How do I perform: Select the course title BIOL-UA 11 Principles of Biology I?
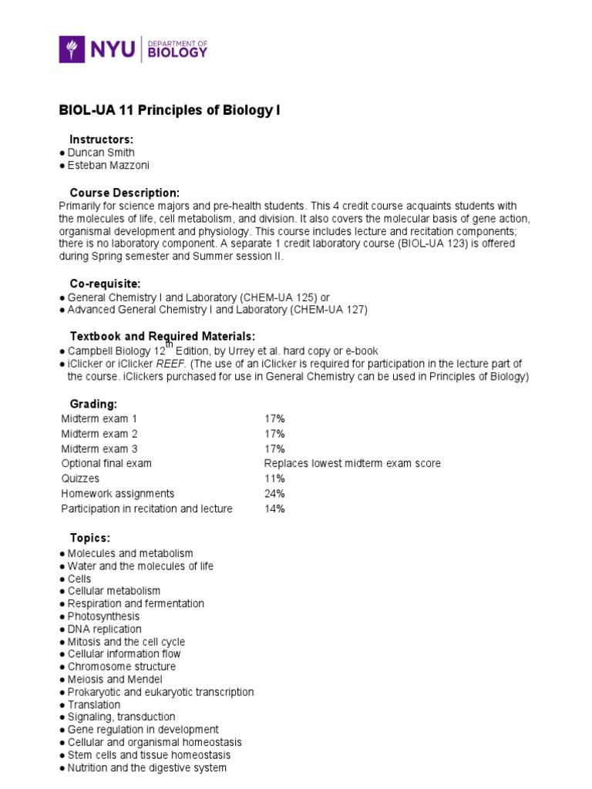pyautogui.click(x=170, y=110)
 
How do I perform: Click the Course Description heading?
pyautogui.click(x=125, y=192)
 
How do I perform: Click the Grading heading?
pyautogui.click(x=93, y=404)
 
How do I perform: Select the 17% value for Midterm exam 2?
pyautogui.click(x=274, y=434)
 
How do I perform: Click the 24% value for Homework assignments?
pyautogui.click(x=274, y=494)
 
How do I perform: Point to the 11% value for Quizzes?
pyautogui.click(x=274, y=478)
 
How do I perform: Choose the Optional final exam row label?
pyautogui.click(x=106, y=464)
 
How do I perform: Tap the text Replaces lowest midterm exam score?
pyautogui.click(x=352, y=464)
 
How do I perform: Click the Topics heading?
pyautogui.click(x=90, y=538)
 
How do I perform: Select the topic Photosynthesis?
pyautogui.click(x=103, y=616)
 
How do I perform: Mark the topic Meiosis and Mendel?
pyautogui.click(x=115, y=680)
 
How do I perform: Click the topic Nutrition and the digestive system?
pyautogui.click(x=146, y=768)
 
